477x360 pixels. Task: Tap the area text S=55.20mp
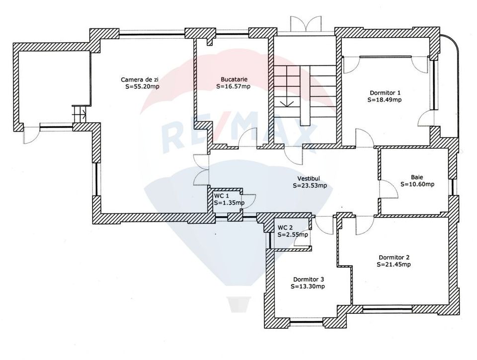pos(143,86)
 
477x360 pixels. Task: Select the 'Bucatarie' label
pos(234,79)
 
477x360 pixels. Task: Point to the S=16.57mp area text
pos(233,86)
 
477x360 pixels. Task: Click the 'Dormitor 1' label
pos(385,93)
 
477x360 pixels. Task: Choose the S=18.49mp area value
pos(384,99)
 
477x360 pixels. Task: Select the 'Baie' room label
pos(417,177)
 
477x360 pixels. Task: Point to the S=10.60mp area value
pos(417,184)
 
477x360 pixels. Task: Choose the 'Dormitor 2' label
pos(394,257)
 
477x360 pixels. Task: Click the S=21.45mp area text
pos(394,264)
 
